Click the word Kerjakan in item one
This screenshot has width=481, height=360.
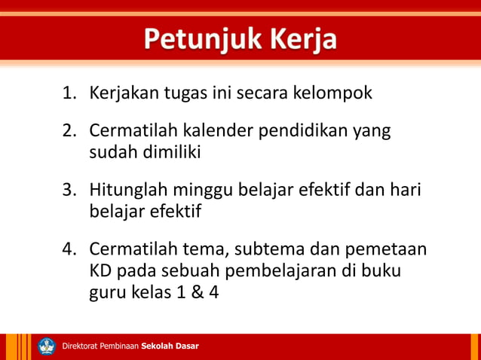point(125,95)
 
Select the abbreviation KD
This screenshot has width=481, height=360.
point(101,270)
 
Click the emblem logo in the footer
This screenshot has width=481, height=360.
point(47,346)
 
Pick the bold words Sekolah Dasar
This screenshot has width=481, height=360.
point(170,346)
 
